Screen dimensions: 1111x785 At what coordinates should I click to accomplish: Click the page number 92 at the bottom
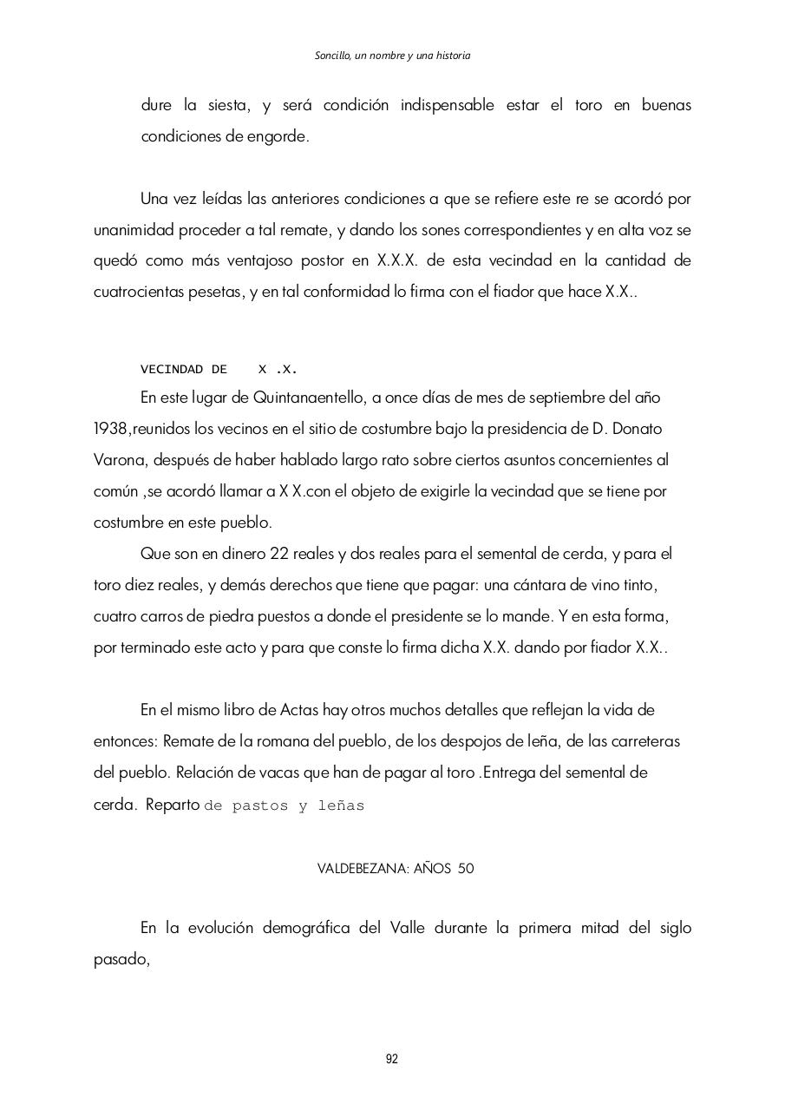pyautogui.click(x=392, y=1058)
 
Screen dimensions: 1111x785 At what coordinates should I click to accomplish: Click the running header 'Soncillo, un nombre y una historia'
pyautogui.click(x=392, y=56)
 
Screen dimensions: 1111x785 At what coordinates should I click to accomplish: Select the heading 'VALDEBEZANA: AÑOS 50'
pyautogui.click(x=396, y=869)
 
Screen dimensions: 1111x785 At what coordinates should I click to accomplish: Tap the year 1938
pyautogui.click(x=111, y=429)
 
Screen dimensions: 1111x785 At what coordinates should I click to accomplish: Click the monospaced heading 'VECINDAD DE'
pyautogui.click(x=184, y=370)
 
